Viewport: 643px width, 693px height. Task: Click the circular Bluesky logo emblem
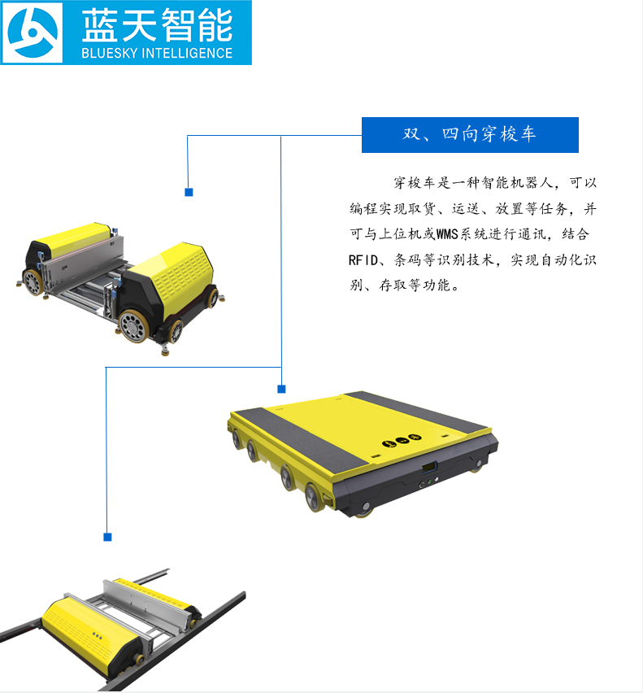point(33,33)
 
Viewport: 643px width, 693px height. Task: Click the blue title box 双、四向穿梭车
point(469,135)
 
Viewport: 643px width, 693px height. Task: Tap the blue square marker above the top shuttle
point(189,193)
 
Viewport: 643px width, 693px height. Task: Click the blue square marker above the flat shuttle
point(281,389)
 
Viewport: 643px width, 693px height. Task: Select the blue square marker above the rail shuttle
point(107,537)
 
